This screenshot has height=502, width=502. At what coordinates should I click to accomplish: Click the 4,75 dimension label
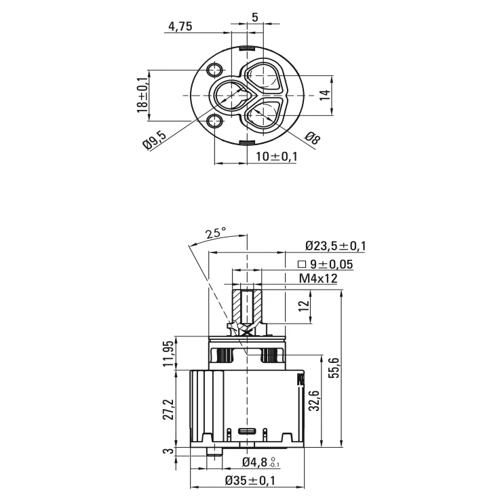click(x=180, y=26)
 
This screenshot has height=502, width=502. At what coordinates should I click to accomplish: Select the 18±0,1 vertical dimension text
click(x=143, y=95)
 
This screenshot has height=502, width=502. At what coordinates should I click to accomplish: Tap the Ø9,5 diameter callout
click(x=155, y=140)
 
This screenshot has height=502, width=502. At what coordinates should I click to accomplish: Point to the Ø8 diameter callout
click(x=312, y=138)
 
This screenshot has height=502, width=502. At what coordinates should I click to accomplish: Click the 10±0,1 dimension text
click(x=277, y=157)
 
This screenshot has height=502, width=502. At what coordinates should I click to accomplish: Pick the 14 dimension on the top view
click(x=325, y=95)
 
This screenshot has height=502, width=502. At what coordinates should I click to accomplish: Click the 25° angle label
click(x=216, y=233)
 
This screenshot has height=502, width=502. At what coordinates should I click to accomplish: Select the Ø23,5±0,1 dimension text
click(x=336, y=246)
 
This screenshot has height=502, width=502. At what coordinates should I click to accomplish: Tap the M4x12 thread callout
click(x=318, y=279)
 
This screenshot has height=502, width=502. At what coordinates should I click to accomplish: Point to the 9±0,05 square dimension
click(x=325, y=265)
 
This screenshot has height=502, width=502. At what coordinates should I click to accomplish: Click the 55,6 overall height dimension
click(x=334, y=368)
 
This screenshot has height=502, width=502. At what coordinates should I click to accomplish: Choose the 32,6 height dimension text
click(x=315, y=400)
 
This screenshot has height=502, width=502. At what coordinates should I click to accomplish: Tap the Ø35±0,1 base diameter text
click(x=250, y=480)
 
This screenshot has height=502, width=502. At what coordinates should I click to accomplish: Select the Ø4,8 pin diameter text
click(x=261, y=462)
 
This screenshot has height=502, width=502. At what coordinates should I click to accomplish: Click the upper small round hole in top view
click(x=214, y=70)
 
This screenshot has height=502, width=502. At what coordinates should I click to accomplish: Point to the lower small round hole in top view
click(x=214, y=121)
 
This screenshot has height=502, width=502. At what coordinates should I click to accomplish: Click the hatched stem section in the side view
click(x=247, y=307)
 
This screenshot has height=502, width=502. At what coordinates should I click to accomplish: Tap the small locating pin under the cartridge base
click(x=215, y=451)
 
